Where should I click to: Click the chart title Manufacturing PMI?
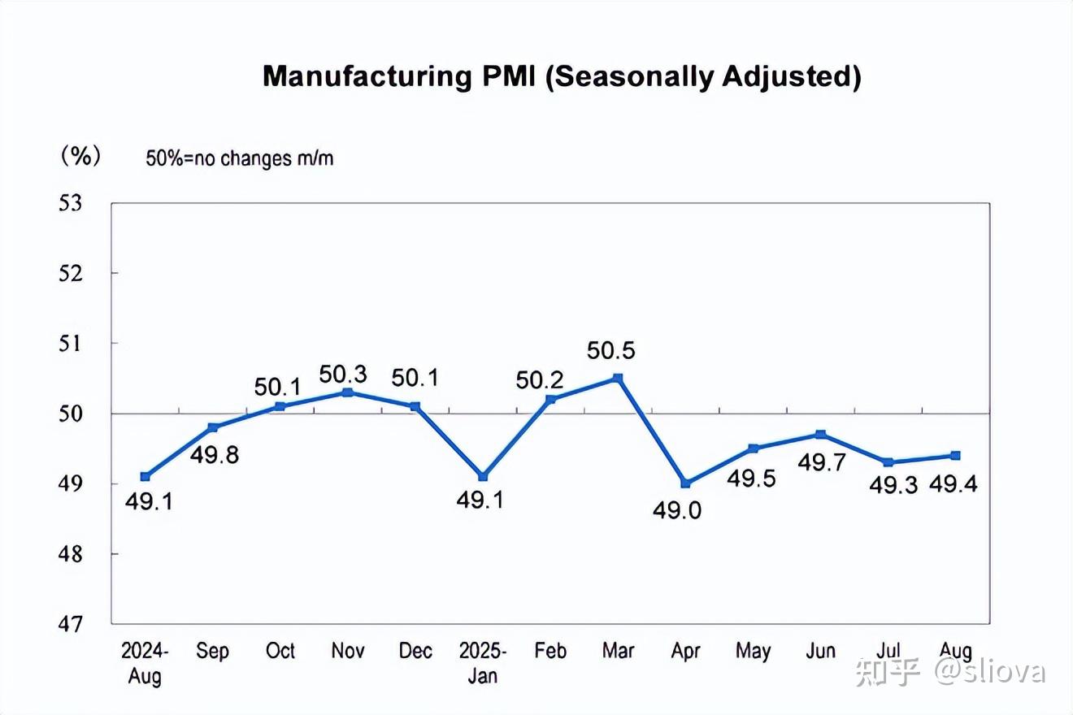tap(561, 76)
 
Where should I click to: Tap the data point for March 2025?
tap(618, 378)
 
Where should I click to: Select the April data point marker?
tap(685, 483)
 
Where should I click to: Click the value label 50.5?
tap(610, 351)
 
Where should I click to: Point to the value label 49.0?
tap(677, 510)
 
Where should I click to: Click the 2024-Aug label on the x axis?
tap(145, 663)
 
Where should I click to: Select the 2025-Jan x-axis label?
tap(483, 663)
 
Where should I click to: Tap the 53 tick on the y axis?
tap(71, 203)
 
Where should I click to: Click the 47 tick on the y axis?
tap(71, 624)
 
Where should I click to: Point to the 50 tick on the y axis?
tap(71, 414)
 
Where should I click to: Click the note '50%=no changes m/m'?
tap(240, 158)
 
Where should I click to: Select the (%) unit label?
tap(80, 156)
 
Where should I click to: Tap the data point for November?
tap(348, 392)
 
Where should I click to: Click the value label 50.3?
tap(343, 375)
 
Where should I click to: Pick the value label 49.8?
tap(215, 455)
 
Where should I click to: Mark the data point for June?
tap(821, 435)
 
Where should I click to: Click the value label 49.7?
tap(822, 462)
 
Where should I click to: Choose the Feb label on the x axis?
tap(550, 652)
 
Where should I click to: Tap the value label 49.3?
tap(893, 486)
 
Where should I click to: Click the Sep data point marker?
tap(213, 427)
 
